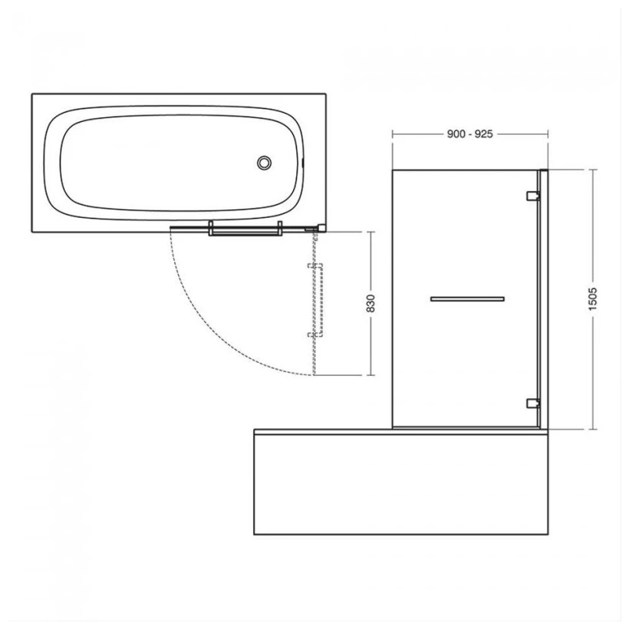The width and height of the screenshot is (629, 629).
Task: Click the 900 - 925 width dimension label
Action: [x=469, y=134]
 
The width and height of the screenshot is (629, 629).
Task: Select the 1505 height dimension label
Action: [x=593, y=299]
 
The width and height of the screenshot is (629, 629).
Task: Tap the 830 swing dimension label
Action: [x=370, y=303]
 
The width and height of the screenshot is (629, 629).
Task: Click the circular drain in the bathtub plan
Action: [x=264, y=163]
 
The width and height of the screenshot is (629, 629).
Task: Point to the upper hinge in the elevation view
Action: [x=532, y=196]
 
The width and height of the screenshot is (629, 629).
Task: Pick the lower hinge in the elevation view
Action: [x=532, y=403]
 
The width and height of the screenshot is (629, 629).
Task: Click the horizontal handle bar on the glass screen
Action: [x=467, y=299]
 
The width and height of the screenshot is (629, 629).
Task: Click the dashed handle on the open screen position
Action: [x=320, y=300]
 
